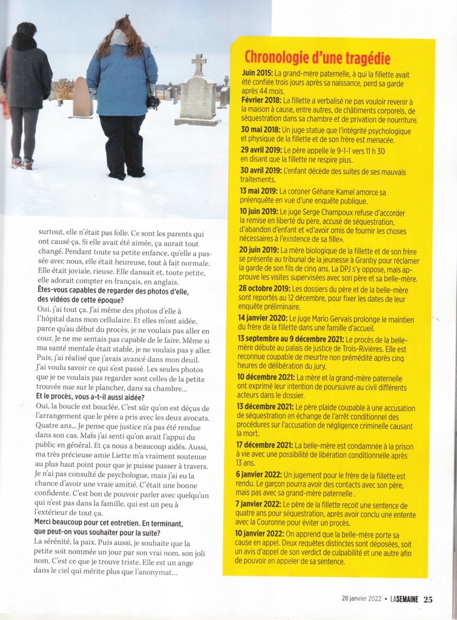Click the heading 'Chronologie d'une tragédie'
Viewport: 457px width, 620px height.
[x=317, y=58]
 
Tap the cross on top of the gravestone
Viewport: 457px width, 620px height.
[x=199, y=64]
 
